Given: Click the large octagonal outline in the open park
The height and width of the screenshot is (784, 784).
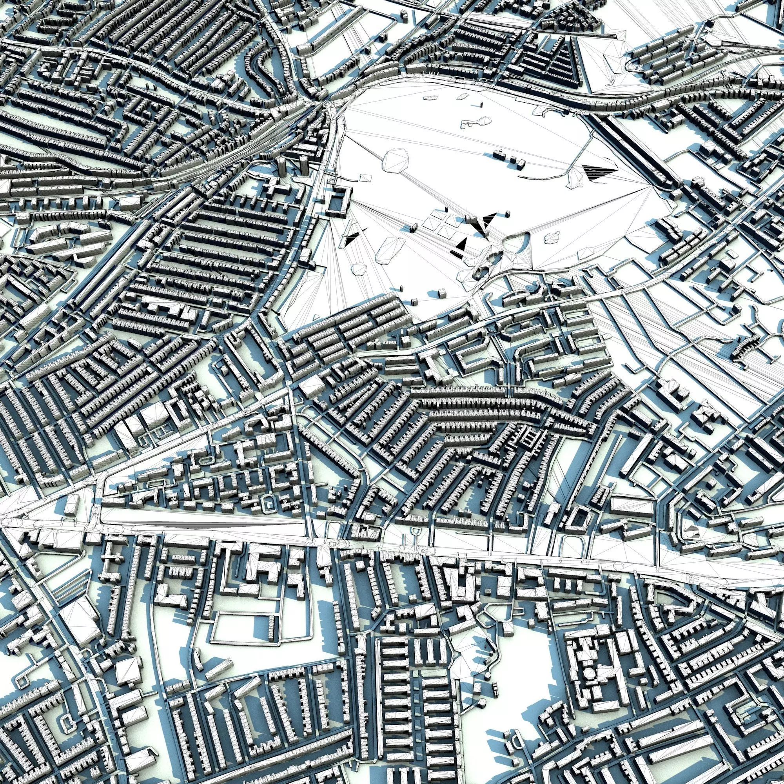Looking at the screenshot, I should (396, 162).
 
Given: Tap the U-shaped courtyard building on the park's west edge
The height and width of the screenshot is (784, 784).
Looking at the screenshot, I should (338, 200).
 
